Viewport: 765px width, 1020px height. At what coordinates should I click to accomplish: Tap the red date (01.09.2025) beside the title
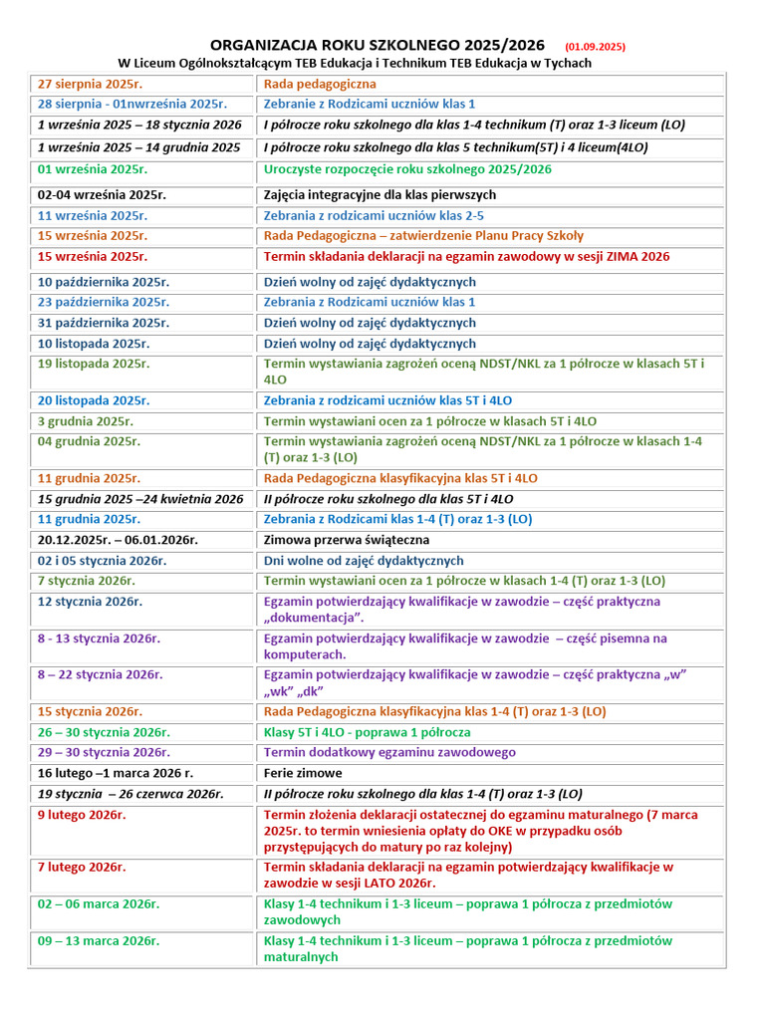tap(595, 46)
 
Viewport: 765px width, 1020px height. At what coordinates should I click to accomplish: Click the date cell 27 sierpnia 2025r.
tap(87, 84)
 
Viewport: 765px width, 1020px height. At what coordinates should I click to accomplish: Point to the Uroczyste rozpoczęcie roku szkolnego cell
tap(407, 169)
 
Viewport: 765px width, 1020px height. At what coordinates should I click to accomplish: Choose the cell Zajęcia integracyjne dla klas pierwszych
tap(380, 194)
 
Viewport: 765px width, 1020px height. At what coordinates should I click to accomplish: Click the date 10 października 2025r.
tap(94, 282)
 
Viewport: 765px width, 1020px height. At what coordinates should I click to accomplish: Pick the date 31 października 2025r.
tap(94, 323)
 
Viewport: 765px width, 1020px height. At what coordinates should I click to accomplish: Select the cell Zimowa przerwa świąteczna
tap(347, 540)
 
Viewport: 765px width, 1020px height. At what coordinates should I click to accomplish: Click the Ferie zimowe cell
tap(303, 773)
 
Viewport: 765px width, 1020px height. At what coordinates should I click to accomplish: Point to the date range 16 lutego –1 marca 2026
tap(116, 773)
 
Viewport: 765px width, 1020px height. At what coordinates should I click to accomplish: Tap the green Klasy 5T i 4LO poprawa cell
tap(368, 732)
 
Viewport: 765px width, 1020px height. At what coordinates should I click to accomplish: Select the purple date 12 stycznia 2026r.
tap(91, 602)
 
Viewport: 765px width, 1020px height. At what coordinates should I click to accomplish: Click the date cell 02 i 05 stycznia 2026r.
tap(102, 561)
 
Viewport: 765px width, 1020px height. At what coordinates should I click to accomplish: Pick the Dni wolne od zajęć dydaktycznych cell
tap(364, 561)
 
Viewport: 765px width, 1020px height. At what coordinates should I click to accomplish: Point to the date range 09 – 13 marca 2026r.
tap(99, 940)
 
